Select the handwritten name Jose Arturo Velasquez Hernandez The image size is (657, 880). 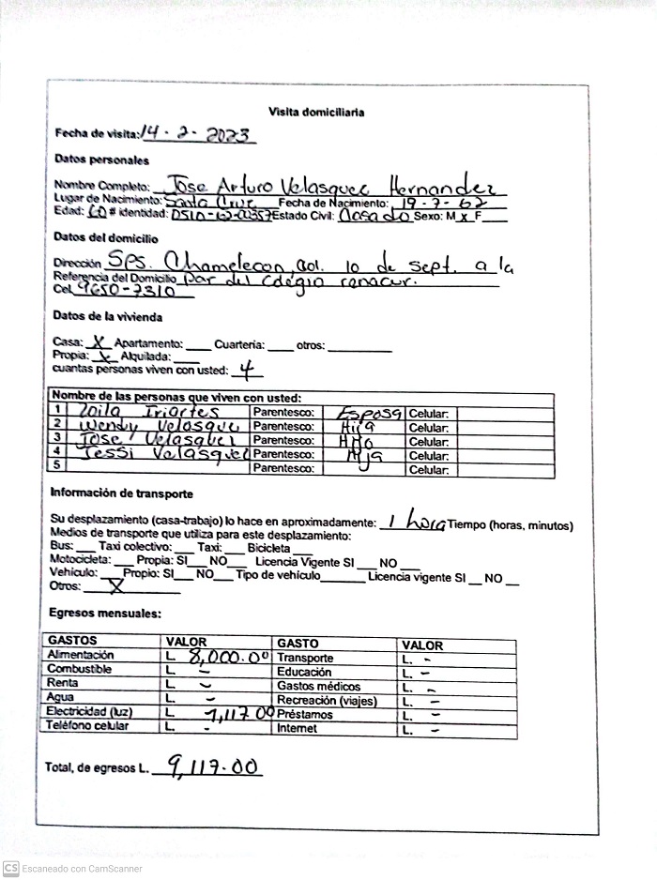coord(335,183)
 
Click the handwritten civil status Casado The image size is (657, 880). coord(373,215)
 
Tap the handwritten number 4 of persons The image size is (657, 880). coord(247,369)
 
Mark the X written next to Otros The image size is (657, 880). coord(116,587)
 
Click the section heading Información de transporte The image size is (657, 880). coord(121,493)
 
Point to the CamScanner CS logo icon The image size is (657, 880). coord(10,868)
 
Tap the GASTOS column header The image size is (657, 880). coord(71,642)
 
